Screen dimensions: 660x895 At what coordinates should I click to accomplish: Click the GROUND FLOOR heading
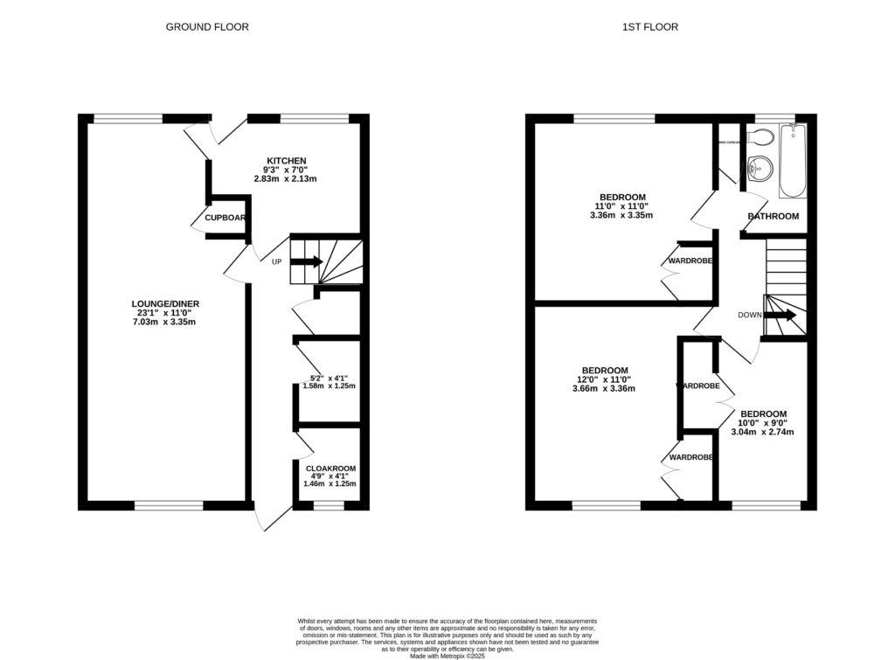pos(207,27)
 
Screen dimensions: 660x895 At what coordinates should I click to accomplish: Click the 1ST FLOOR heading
pos(649,27)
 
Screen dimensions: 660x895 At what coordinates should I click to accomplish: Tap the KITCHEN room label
pos(287,161)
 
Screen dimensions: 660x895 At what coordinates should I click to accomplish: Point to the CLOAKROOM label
pos(329,469)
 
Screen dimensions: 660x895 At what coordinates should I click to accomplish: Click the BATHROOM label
pos(774,216)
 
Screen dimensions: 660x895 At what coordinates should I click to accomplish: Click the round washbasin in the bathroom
pos(758,167)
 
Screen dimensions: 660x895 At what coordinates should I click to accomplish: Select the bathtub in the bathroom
pos(793,159)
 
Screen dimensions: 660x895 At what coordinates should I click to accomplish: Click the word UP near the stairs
pos(276,261)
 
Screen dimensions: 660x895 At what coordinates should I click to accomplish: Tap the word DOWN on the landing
pos(749,316)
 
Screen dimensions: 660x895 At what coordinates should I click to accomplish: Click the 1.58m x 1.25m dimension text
pos(329,386)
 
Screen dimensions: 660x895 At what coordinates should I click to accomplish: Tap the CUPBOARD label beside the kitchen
pos(225,218)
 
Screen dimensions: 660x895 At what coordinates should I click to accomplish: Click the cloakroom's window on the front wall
pos(329,504)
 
